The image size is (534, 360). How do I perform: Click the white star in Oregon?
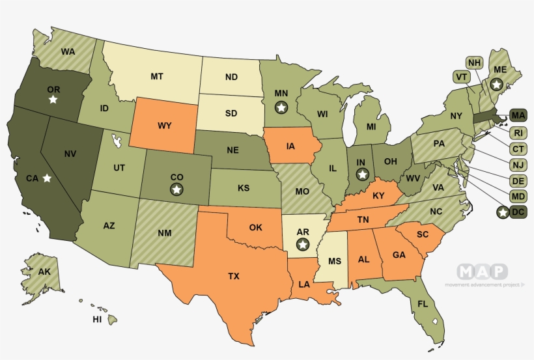coord(53,100)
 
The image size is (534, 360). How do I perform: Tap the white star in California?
coord(46,178)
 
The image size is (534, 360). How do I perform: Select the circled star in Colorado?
coord(176,189)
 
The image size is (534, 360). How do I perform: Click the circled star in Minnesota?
coord(281,107)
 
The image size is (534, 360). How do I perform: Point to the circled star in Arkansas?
coord(302,244)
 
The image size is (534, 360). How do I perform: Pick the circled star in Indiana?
coord(363,174)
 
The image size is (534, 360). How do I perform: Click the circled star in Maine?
coord(496,84)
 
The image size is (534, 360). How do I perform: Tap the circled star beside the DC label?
coord(502,212)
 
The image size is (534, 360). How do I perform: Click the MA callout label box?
coord(518,116)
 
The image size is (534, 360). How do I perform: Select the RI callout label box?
coord(518,133)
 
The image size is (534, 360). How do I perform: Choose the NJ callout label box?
coord(518,165)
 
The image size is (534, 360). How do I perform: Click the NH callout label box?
coord(475,62)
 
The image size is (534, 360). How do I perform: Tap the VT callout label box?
coord(462,77)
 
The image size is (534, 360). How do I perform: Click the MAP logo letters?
coord(482,271)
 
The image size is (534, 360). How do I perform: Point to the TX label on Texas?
coord(234,276)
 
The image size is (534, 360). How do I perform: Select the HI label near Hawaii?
coord(97,320)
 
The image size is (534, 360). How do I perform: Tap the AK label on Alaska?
coord(44,272)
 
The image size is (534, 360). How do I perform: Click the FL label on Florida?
coord(423,304)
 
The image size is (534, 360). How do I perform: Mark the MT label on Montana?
coord(156,76)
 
